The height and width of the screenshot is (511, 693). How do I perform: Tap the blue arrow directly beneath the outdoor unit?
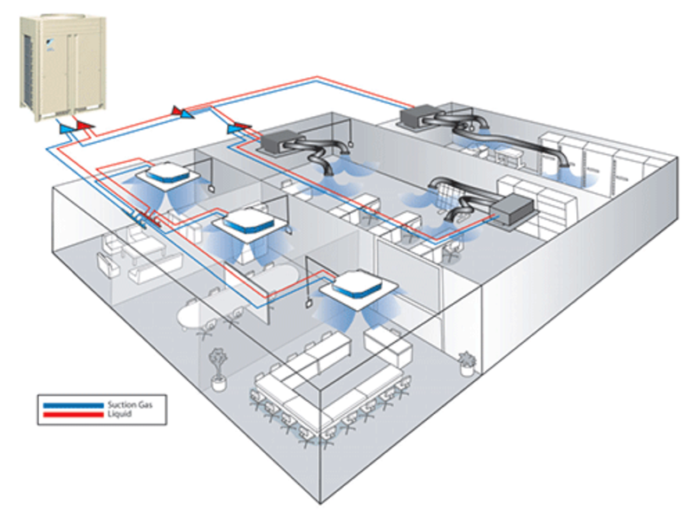click(x=66, y=128)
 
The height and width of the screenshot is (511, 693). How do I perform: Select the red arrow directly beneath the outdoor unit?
click(x=84, y=126)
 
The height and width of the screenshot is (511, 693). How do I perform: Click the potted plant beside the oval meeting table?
click(x=217, y=364)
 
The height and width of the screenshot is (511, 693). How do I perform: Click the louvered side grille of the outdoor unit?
click(x=29, y=65)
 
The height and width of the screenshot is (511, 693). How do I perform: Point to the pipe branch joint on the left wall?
click(x=142, y=221)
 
